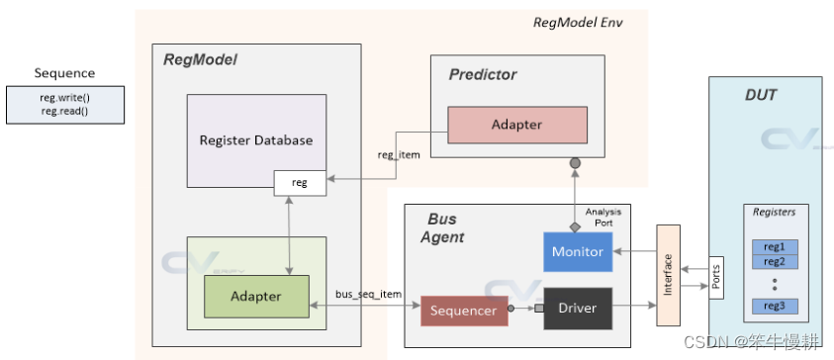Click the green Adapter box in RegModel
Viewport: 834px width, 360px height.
256,296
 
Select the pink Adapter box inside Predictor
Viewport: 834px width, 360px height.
516,125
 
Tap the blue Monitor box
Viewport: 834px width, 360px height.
578,251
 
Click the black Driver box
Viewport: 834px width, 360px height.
578,308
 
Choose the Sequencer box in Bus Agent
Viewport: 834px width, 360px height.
463,311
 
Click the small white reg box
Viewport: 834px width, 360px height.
299,181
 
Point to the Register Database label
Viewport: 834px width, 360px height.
256,140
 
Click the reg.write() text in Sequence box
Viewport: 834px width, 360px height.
64,97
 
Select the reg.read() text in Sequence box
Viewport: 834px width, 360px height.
64,111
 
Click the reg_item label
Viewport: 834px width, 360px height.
400,154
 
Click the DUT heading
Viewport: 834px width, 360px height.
760,95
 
